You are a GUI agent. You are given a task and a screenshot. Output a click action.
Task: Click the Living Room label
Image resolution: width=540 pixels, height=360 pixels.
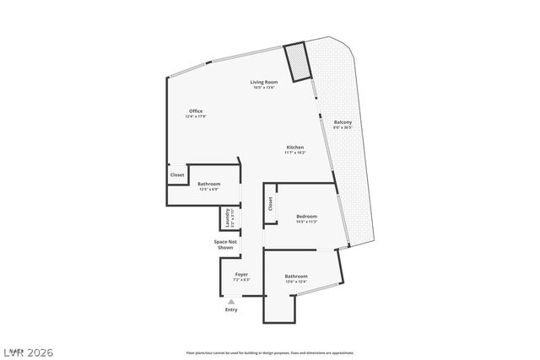[263, 82]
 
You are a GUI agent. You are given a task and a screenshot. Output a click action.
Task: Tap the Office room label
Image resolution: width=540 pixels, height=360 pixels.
[196, 111]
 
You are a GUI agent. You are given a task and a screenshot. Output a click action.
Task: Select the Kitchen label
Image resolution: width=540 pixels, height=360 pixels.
[294, 148]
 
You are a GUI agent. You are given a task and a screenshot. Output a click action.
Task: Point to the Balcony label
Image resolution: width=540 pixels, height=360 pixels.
[343, 123]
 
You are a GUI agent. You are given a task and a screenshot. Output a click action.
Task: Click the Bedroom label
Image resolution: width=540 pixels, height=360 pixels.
[305, 217]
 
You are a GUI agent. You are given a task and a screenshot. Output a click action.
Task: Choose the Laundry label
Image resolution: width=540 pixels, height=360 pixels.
[228, 218]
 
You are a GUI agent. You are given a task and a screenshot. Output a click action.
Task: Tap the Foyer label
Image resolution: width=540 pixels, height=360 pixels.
[241, 274]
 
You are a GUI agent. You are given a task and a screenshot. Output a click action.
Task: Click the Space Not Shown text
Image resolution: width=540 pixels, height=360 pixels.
[224, 244]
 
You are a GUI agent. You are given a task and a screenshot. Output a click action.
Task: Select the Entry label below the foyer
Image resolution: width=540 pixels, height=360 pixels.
[231, 309]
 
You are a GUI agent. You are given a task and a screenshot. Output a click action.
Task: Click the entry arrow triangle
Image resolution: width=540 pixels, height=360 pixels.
[231, 300]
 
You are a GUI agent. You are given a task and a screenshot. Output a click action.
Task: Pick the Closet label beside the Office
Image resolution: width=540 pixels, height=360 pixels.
[177, 175]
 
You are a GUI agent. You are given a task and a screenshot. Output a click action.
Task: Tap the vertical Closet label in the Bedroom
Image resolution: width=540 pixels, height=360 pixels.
[271, 203]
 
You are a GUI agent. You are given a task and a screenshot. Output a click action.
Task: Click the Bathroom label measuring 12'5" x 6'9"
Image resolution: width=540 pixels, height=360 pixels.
[209, 184]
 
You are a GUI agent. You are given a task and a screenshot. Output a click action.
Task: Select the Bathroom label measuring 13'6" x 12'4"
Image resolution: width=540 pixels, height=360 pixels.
[295, 277]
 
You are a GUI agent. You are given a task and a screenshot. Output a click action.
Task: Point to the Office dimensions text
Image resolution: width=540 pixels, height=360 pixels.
[196, 116]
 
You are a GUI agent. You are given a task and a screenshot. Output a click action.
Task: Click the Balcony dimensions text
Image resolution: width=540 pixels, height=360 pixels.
[343, 128]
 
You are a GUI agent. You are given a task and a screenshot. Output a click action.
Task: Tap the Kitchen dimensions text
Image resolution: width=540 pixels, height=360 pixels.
[294, 153]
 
